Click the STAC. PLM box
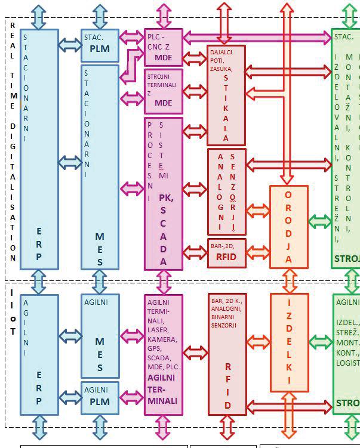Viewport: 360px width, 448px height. coord(100,45)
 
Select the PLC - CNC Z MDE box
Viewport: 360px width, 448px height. coord(163,47)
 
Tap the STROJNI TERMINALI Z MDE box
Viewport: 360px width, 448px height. coord(163,91)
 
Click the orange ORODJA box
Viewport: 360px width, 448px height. coord(288,227)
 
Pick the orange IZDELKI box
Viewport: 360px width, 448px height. coord(289,342)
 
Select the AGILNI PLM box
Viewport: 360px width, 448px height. coord(100,397)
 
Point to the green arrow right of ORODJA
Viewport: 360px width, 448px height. coord(320,221)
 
